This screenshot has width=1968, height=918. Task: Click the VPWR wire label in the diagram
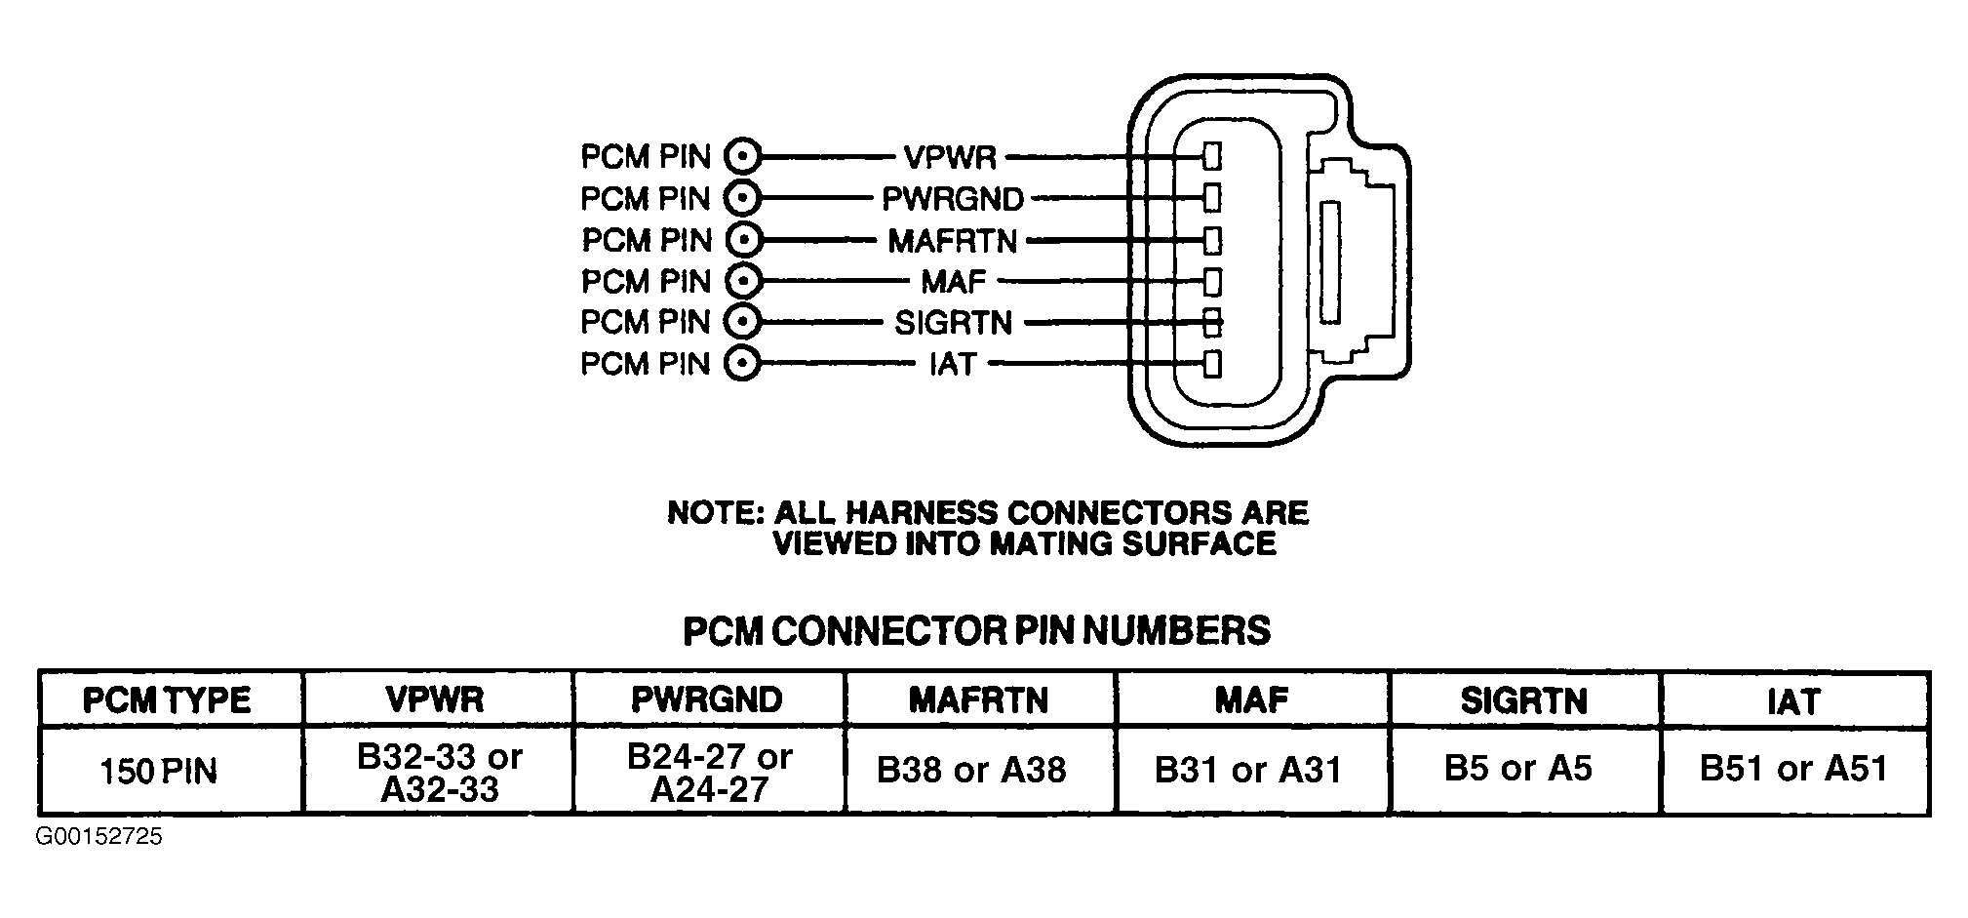click(950, 157)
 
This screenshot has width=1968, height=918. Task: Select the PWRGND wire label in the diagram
click(953, 199)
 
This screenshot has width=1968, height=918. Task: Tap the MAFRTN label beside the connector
click(952, 240)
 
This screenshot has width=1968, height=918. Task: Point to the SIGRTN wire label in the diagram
click(954, 322)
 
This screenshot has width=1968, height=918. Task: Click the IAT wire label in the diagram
click(952, 364)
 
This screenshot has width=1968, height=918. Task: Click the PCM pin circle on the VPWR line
click(742, 156)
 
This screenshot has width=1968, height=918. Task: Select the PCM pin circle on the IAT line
click(742, 364)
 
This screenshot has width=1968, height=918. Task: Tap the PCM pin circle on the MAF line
click(742, 281)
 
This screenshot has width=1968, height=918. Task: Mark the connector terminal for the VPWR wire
click(1212, 156)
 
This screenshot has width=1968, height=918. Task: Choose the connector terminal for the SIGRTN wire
click(1212, 321)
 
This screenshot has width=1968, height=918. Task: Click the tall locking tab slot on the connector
click(1329, 261)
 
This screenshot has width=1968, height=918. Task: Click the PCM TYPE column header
click(167, 699)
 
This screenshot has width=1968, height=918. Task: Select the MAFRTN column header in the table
click(978, 699)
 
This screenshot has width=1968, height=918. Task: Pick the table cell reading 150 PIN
click(159, 771)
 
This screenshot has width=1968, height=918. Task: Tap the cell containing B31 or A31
click(1248, 770)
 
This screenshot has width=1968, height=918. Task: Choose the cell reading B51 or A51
click(1793, 769)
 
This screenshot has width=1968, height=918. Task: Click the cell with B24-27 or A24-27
click(709, 772)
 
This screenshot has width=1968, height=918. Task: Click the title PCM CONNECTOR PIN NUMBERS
click(976, 630)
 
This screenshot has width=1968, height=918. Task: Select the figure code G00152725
click(99, 836)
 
